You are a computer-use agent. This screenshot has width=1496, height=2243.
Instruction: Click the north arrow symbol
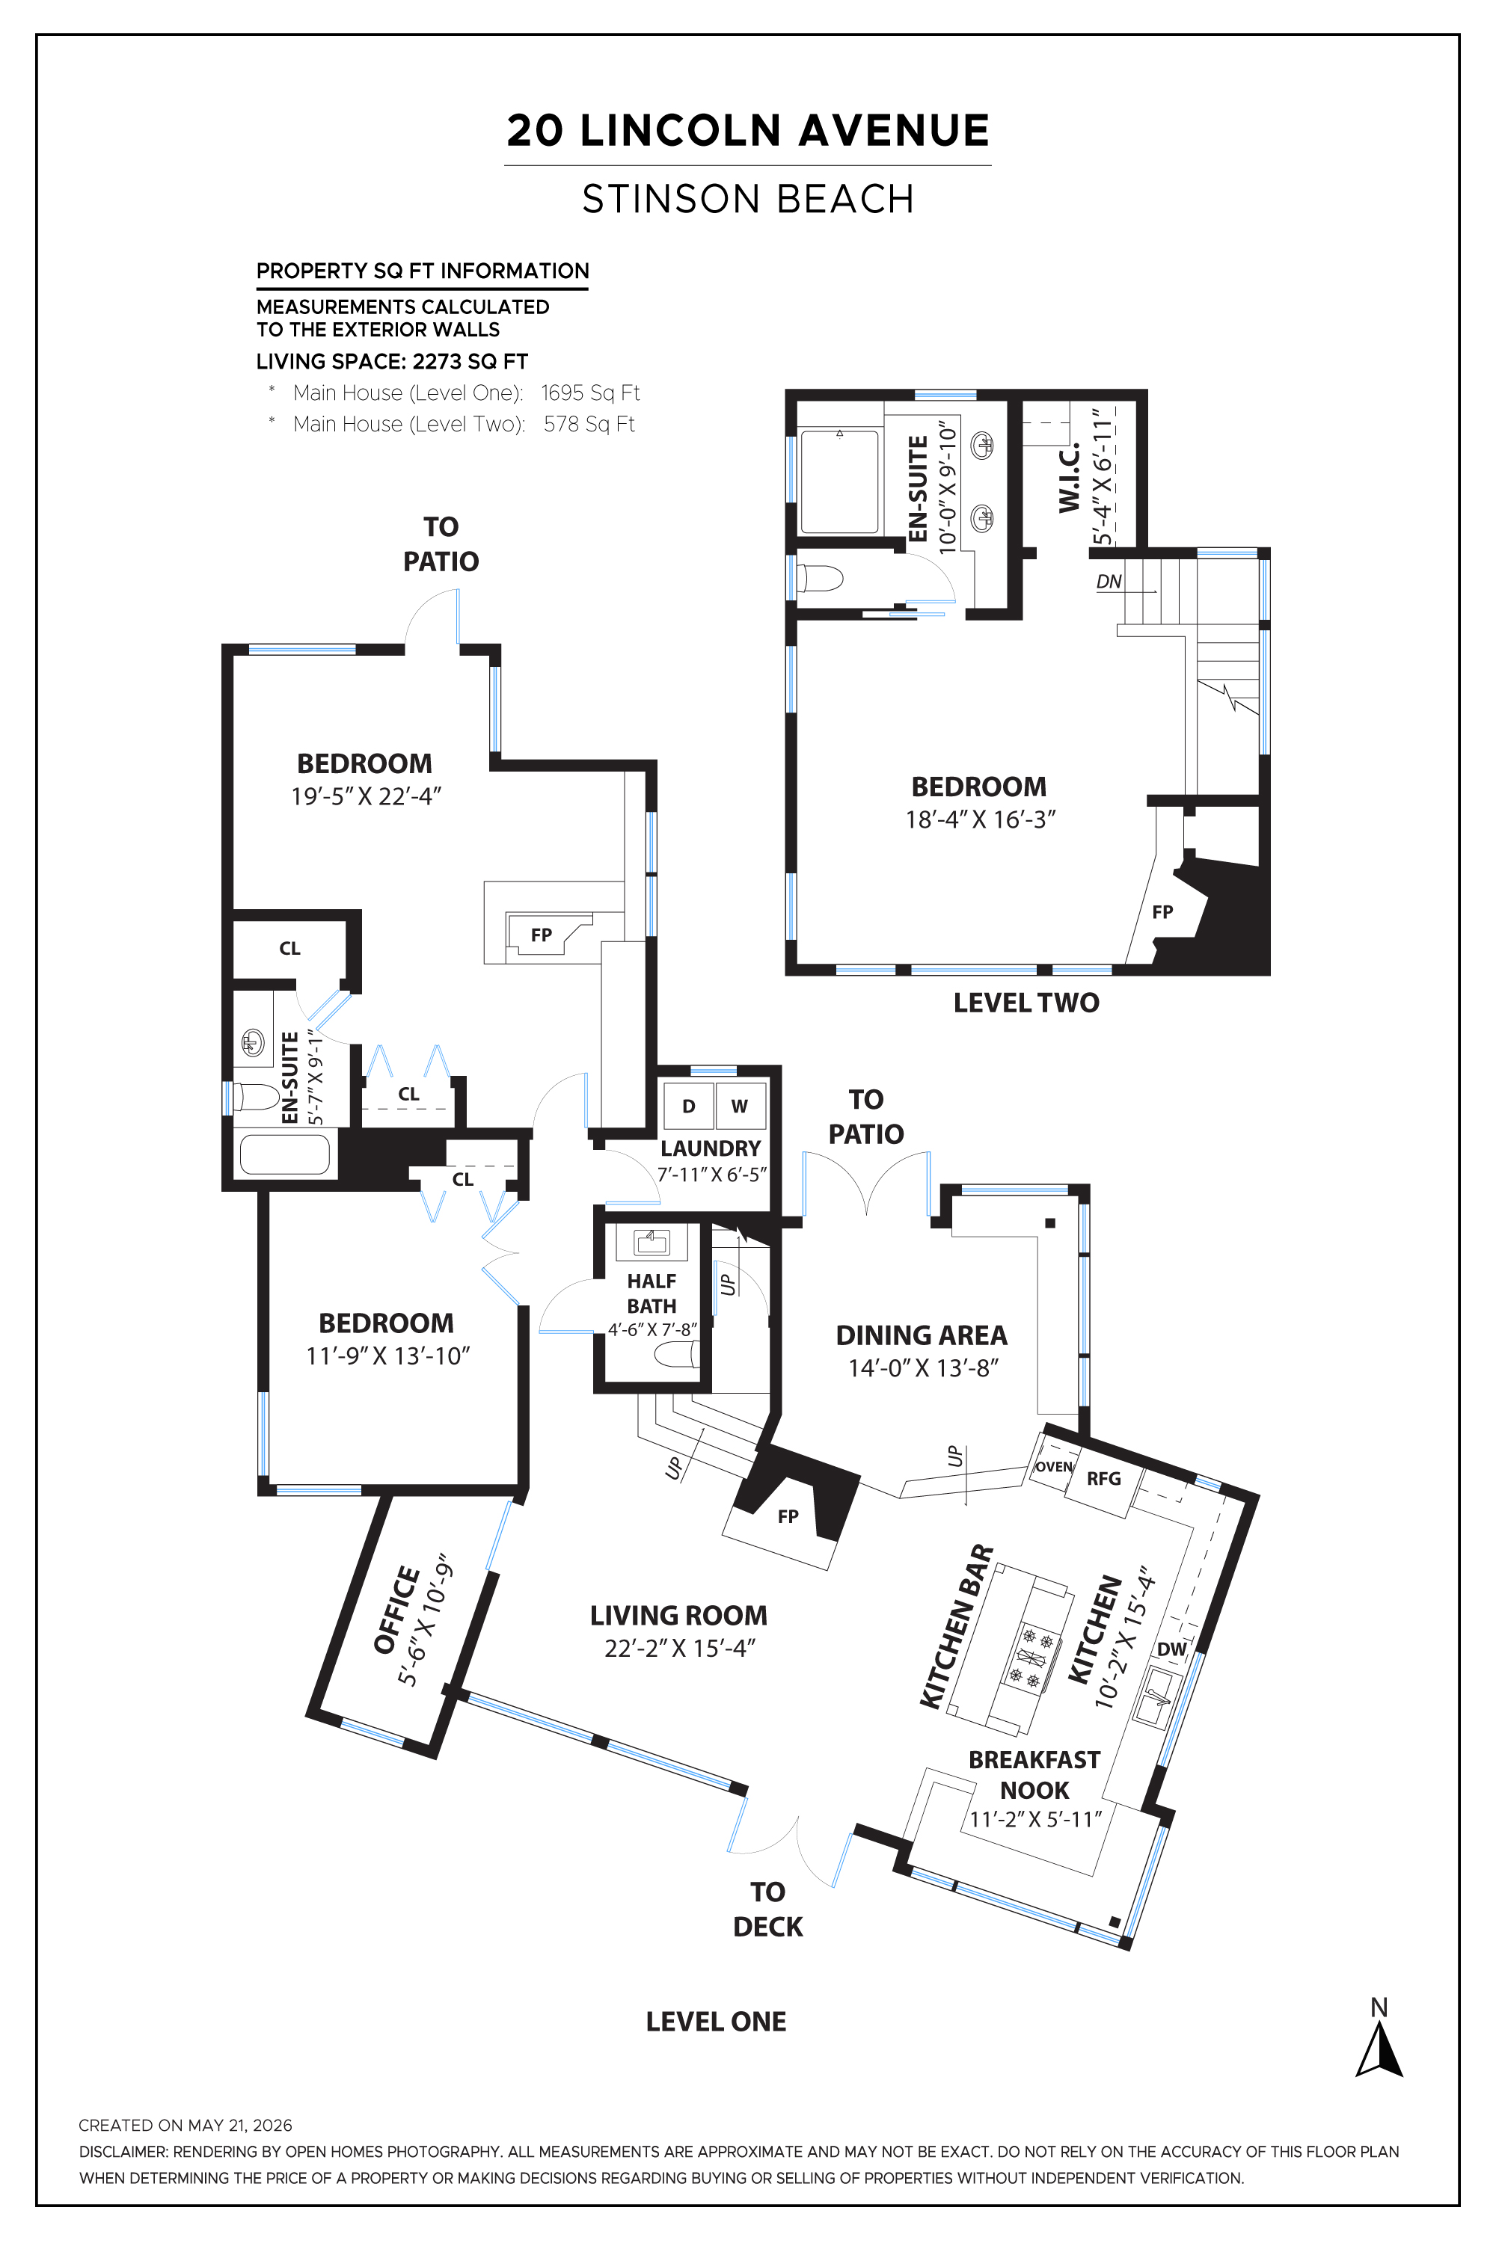(1379, 2049)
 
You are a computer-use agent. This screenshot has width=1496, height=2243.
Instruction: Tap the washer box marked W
(741, 1107)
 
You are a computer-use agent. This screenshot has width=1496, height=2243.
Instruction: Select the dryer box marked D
(689, 1107)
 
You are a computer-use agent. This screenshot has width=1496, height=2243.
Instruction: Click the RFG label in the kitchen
(1104, 1478)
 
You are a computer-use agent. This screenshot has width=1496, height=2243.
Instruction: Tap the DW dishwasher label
(1171, 1649)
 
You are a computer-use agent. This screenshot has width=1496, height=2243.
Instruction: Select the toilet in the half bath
(678, 1354)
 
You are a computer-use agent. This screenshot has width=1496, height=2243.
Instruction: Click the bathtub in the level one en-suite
(284, 1154)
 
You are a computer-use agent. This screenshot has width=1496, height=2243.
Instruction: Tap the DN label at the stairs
(1109, 582)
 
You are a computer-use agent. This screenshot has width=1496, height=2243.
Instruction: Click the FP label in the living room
(788, 1516)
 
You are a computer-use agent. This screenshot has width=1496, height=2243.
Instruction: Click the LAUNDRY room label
(711, 1148)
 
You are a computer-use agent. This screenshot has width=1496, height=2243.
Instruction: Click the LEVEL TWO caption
(1026, 1003)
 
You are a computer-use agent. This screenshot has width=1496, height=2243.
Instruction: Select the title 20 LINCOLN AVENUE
(748, 131)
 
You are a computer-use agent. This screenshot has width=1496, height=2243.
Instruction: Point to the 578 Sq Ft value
(589, 425)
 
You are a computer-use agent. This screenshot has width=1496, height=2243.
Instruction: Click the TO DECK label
(768, 1910)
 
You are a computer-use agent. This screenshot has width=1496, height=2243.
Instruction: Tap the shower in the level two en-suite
(839, 481)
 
